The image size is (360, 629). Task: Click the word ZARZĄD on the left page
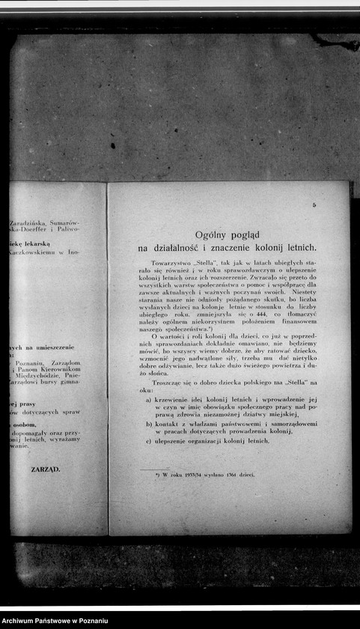(46, 470)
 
